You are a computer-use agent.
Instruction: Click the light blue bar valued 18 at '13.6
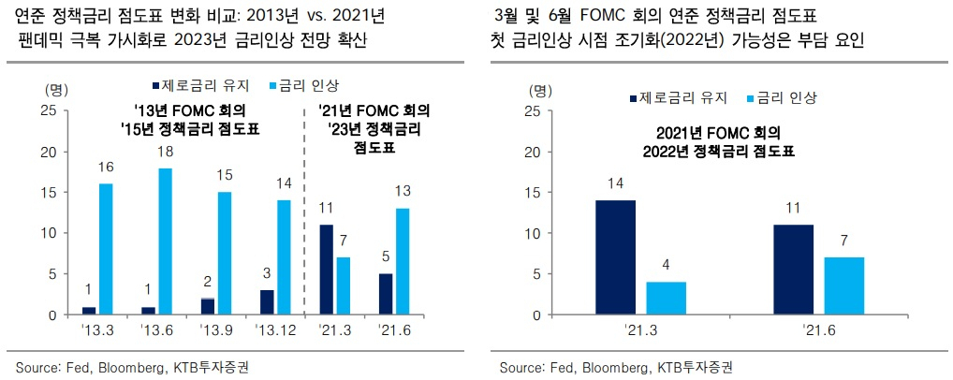coord(164,241)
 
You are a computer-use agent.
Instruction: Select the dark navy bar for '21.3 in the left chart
coord(327,270)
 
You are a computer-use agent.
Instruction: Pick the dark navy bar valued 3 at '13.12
coord(268,303)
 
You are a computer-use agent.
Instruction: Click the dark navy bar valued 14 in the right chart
coord(616,257)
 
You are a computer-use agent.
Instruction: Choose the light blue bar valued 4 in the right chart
coord(667,299)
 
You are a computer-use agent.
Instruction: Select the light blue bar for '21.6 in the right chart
coord(844,286)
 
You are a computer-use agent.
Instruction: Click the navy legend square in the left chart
coord(155,84)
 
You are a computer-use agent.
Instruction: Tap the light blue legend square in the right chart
coord(750,97)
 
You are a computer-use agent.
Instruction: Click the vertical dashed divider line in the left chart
coord(304,211)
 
